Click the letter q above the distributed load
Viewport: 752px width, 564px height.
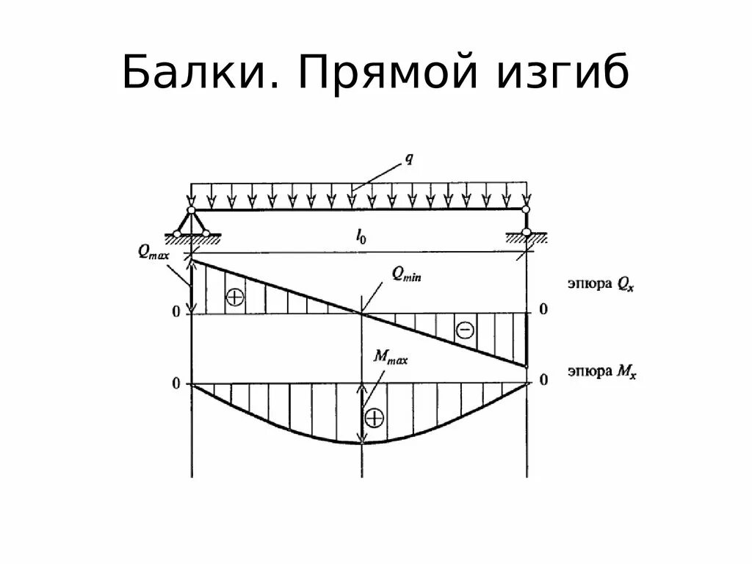click(409, 158)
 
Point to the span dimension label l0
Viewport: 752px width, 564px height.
click(361, 236)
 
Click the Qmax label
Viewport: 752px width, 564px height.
click(153, 251)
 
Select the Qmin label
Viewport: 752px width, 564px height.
click(405, 275)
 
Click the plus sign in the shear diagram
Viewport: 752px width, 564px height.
click(234, 297)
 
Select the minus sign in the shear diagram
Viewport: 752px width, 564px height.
click(465, 330)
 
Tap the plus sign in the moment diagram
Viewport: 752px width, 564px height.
click(375, 418)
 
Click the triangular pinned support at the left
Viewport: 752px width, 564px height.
click(191, 224)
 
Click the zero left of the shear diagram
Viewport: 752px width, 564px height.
click(176, 311)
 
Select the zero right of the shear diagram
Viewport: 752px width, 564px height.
click(543, 309)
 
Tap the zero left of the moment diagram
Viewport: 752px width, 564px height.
click(176, 383)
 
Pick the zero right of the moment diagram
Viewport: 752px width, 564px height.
click(543, 380)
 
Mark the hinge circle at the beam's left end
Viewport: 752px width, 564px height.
click(191, 210)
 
